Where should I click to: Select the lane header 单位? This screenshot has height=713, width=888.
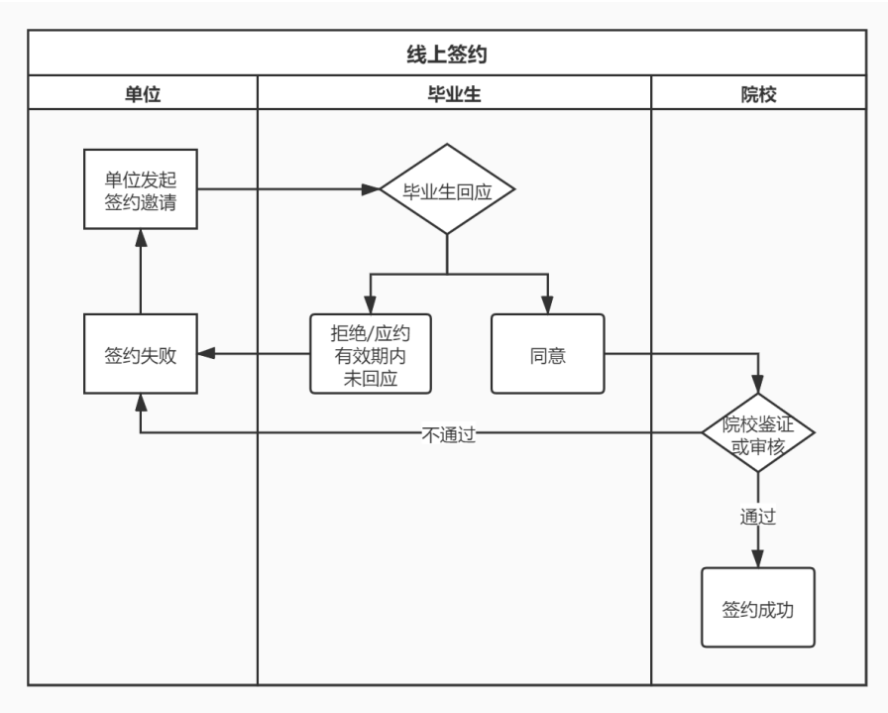pyautogui.click(x=142, y=94)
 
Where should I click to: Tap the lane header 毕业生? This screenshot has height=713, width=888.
pyautogui.click(x=454, y=94)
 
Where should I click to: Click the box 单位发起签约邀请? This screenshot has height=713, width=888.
pyautogui.click(x=140, y=187)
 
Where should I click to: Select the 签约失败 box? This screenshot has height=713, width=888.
pyautogui.click(x=140, y=354)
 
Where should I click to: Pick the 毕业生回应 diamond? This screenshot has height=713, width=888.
pyautogui.click(x=448, y=188)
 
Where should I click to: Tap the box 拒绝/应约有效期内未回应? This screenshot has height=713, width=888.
pyautogui.click(x=371, y=354)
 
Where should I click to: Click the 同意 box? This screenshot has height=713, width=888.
pyautogui.click(x=547, y=354)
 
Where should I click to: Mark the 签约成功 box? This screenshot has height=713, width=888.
pyautogui.click(x=758, y=608)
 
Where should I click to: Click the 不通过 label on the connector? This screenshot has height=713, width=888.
pyautogui.click(x=449, y=433)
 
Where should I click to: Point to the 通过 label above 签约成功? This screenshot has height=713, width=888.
pyautogui.click(x=758, y=517)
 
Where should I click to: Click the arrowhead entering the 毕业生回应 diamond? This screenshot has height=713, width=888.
pyautogui.click(x=373, y=188)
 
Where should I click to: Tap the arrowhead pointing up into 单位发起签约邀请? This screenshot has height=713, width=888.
pyautogui.click(x=140, y=238)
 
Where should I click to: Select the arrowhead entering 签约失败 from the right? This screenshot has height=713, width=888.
pyautogui.click(x=205, y=354)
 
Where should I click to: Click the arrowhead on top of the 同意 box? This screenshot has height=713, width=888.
pyautogui.click(x=547, y=305)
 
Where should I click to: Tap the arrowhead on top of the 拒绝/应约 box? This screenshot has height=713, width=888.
pyautogui.click(x=371, y=305)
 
